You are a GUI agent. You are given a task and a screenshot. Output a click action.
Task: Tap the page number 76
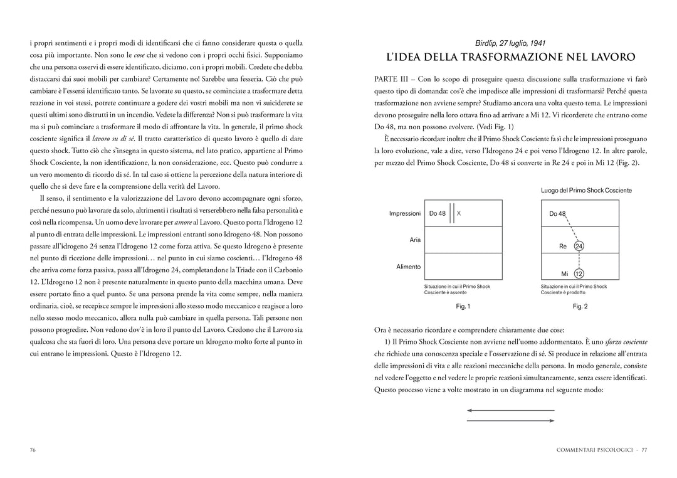[33, 450]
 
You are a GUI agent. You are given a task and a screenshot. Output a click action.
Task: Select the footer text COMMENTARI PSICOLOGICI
[592, 450]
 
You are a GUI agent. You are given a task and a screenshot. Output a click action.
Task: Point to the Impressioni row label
[405, 213]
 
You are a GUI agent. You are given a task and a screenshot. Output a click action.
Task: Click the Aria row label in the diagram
[415, 240]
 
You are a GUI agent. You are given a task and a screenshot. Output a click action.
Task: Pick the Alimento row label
[409, 267]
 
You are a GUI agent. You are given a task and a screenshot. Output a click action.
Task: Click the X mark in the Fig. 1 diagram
[459, 213]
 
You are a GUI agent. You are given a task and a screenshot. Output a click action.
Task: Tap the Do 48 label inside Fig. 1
[438, 213]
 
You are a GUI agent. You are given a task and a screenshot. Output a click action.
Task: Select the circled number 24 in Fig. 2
[579, 247]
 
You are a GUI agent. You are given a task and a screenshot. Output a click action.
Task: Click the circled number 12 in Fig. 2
[579, 274]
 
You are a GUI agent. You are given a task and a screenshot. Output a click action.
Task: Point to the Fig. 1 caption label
[463, 306]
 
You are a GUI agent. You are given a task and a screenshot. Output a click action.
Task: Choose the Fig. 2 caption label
[580, 306]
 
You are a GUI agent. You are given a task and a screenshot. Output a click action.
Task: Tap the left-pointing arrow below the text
[510, 410]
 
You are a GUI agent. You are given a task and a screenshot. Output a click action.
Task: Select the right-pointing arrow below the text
[510, 420]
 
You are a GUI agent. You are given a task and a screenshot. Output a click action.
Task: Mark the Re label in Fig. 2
[563, 247]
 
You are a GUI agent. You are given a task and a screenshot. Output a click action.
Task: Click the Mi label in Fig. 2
[564, 274]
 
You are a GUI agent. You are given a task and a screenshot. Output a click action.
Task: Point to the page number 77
[644, 450]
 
